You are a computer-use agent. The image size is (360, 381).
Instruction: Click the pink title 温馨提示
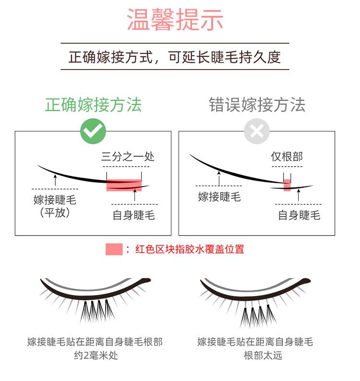[175, 19]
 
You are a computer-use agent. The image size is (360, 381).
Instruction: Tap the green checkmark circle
[93, 131]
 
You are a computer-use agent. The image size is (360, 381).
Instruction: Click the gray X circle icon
[257, 131]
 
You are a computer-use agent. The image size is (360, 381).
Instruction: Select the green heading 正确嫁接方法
[93, 105]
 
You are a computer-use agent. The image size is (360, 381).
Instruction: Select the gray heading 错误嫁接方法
[257, 105]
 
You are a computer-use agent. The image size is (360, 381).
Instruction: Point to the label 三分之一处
[128, 156]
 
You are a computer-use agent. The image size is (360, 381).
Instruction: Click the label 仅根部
[287, 156]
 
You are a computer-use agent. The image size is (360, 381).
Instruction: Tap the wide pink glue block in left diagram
[124, 185]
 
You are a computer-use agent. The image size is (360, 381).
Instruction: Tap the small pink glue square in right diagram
[287, 185]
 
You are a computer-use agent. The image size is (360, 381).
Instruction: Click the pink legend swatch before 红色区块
[114, 250]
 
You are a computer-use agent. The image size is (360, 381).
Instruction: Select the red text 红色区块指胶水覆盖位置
[190, 250]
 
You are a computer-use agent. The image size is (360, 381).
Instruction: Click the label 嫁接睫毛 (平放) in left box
[55, 206]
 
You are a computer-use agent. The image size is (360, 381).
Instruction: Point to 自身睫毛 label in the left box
[134, 215]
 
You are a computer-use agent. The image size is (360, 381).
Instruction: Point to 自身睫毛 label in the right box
[299, 215]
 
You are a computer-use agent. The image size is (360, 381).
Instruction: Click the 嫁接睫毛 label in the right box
[219, 197]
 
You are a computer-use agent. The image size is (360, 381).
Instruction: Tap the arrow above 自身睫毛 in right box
[299, 195]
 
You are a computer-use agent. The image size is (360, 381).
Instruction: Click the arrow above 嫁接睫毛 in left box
[55, 179]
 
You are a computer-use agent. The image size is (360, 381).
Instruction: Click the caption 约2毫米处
[96, 356]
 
